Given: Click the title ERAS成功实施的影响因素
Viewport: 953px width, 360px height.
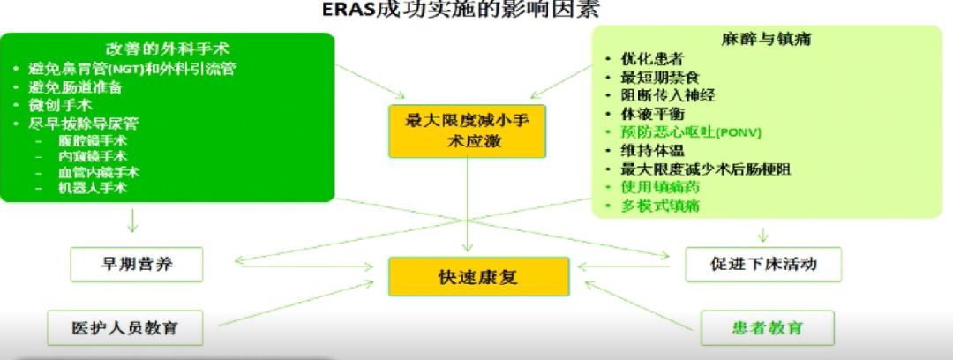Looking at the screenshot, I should coord(477,11).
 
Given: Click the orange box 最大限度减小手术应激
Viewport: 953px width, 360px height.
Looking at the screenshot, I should coord(467,131).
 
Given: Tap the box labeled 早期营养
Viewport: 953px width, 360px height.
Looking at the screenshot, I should coord(136,264).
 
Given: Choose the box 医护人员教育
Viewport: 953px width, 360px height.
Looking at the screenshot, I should coord(124,327).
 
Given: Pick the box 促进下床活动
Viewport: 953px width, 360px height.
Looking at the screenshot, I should coord(763,264).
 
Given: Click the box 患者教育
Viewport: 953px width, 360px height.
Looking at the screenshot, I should coord(767,327).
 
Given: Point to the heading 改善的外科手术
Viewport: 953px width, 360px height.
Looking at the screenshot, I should coord(168,48).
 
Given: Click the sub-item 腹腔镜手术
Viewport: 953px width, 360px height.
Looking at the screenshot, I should coord(93,139).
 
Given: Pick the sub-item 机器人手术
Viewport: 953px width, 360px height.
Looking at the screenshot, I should coord(93,187).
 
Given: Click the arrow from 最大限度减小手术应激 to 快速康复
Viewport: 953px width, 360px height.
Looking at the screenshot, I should coord(467,207).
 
